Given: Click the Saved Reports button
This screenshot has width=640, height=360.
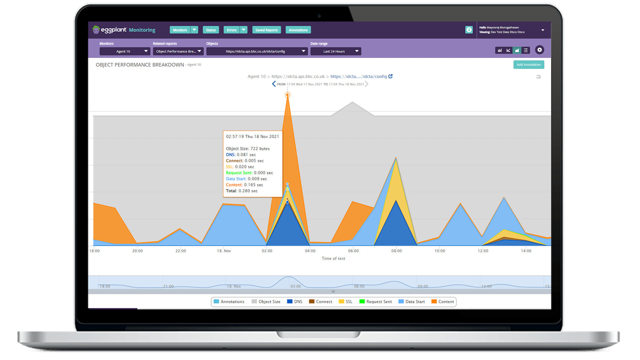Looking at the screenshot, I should coord(266,30).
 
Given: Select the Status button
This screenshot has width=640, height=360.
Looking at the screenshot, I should coord(210,30).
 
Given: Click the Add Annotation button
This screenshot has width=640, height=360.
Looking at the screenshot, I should coord(528,64).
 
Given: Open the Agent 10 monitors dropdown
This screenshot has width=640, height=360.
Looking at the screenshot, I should coord(124,51).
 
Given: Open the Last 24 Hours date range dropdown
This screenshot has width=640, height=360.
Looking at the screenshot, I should coord(335,51).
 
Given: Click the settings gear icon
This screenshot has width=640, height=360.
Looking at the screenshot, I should coord(539,50).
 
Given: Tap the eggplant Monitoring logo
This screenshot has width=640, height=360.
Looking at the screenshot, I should coord(124,30).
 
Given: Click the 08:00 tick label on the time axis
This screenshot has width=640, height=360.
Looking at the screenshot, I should coord(396,251).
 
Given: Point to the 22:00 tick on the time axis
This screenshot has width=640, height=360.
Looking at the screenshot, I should coord(180,251).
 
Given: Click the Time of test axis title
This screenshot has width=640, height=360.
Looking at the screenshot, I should coord(333,258).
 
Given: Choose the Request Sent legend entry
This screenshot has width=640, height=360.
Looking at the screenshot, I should coord(375,302).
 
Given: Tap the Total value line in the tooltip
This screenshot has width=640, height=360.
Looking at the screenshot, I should coord(242,191).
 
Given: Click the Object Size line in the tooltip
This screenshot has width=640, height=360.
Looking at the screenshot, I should coord(247,149).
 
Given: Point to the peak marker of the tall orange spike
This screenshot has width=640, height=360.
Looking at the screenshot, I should coord(287,94).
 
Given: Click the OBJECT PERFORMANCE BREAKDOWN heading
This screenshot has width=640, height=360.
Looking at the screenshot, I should coord(140,65).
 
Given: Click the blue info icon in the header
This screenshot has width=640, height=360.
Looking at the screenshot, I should coord(469,30).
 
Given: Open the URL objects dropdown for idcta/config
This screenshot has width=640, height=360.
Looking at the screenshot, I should coord(256,51).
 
